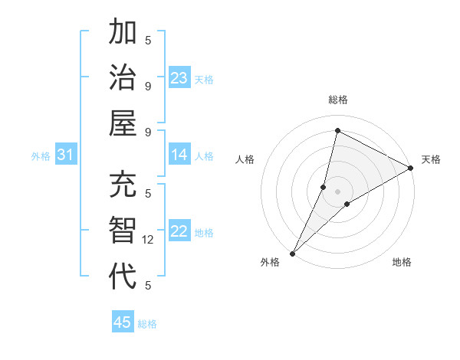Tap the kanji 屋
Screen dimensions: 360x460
point(123,122)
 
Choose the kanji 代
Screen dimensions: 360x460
point(123,275)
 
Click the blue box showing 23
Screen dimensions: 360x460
point(179,78)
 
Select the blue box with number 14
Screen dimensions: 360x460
point(179,155)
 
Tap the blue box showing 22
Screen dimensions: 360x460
point(179,232)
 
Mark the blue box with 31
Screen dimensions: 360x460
point(66,155)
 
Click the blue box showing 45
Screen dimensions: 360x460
point(123,322)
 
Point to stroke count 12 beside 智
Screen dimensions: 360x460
point(148,240)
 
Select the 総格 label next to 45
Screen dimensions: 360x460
point(148,324)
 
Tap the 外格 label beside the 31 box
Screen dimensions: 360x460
point(41,156)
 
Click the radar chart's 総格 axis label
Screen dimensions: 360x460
point(337,100)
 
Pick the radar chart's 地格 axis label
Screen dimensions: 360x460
point(402,263)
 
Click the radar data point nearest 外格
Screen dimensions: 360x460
point(292,253)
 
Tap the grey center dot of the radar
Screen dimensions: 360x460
point(337,191)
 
